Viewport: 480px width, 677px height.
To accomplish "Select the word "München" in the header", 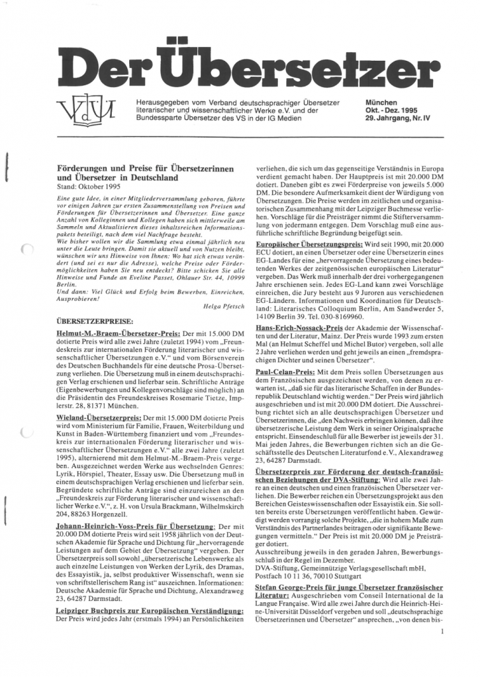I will [381, 103].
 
